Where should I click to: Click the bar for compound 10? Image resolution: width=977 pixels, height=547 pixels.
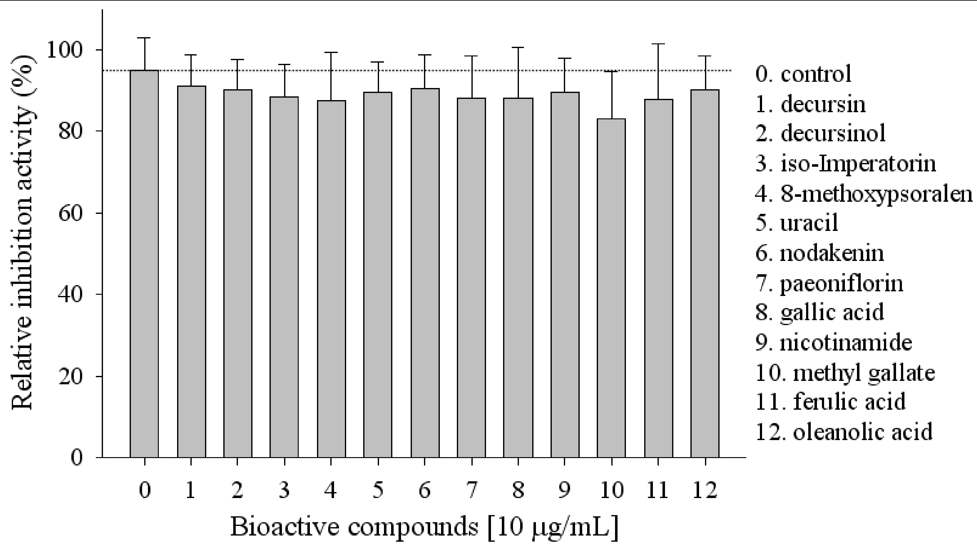[x=611, y=288]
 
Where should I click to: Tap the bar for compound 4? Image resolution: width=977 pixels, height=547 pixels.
[x=331, y=279]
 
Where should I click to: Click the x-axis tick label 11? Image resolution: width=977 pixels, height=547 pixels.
[x=658, y=490]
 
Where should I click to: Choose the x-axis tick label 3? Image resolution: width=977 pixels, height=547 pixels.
[x=284, y=490]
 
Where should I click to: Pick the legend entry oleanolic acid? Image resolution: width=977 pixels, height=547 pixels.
[x=844, y=432]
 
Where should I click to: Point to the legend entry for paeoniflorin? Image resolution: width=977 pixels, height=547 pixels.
[x=829, y=284]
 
